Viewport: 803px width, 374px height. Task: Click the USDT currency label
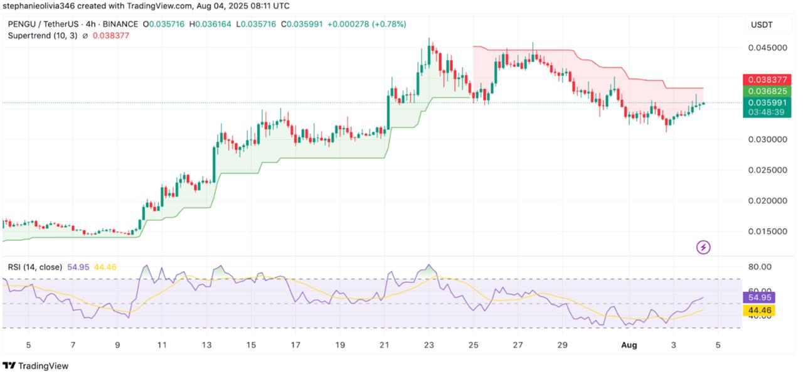[762, 24]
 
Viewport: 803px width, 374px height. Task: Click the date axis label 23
[429, 345]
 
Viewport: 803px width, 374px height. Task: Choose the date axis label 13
[206, 345]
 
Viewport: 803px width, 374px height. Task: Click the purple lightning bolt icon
[703, 247]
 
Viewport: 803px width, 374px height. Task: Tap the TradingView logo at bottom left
[36, 366]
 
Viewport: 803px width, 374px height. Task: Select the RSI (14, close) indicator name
[35, 267]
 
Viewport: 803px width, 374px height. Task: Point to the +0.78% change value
[390, 24]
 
